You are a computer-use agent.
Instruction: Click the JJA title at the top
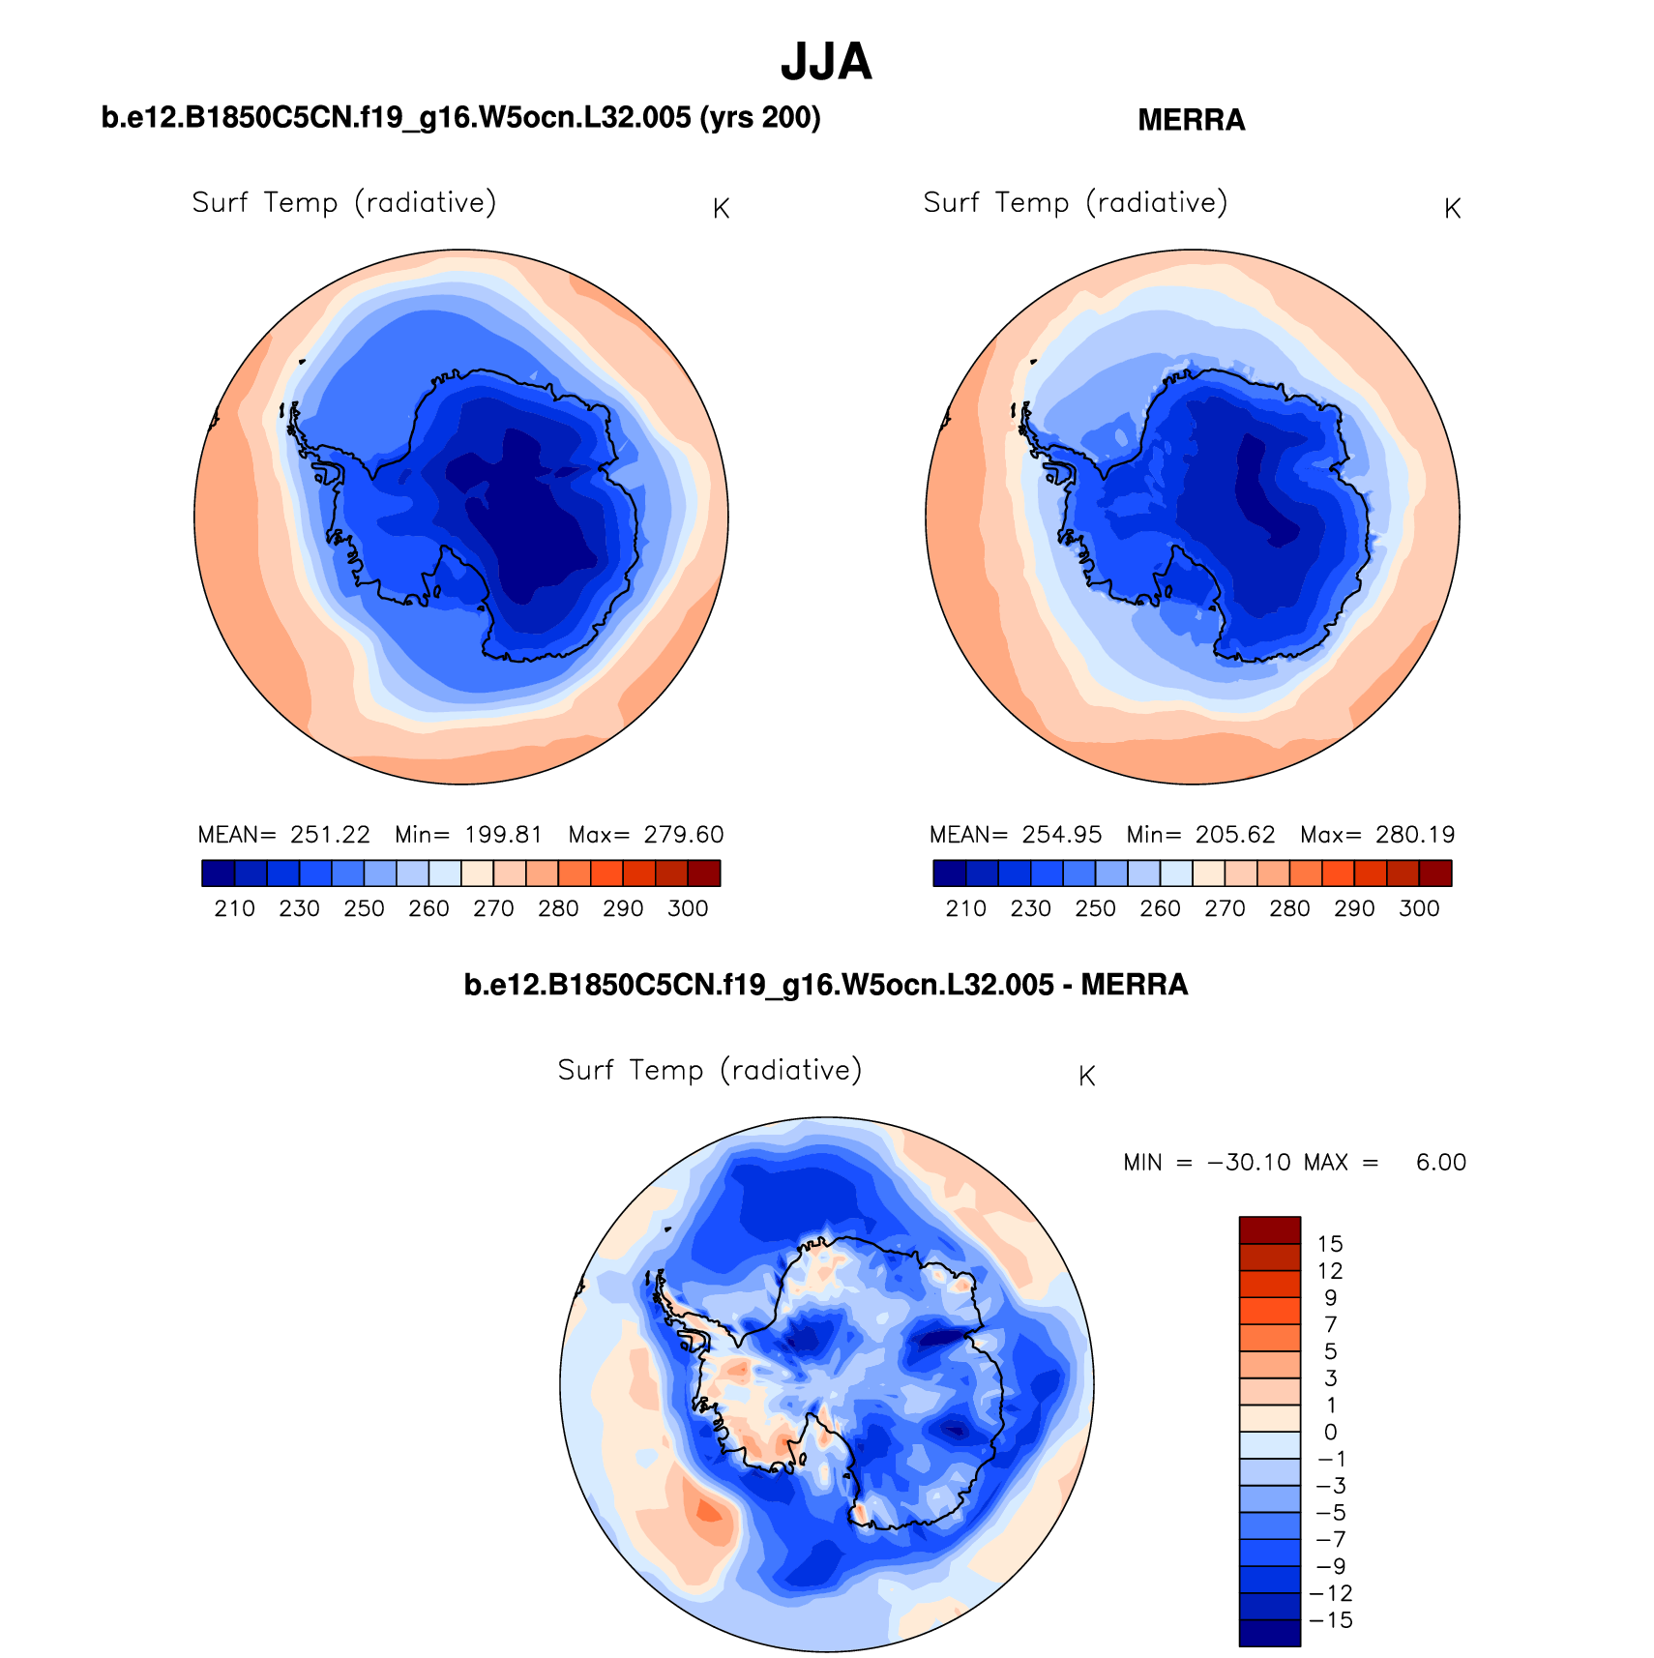(x=826, y=62)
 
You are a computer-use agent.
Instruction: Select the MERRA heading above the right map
(x=1191, y=120)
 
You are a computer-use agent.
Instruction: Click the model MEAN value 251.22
(x=330, y=835)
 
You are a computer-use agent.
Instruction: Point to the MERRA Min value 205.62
(x=1234, y=835)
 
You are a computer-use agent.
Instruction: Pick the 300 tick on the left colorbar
(x=688, y=908)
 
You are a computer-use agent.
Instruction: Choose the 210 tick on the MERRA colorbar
(x=965, y=908)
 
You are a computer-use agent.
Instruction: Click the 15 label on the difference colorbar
(x=1330, y=1244)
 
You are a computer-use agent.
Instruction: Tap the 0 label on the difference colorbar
(x=1330, y=1433)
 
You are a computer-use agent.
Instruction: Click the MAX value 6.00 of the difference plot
(x=1440, y=1162)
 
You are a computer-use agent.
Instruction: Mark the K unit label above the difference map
(x=1086, y=1077)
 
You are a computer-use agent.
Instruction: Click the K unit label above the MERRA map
(x=1452, y=209)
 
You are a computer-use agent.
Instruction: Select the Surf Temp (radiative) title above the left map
(x=343, y=202)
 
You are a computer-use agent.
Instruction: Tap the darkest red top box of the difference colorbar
(x=1269, y=1230)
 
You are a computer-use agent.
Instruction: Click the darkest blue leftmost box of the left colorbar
(x=218, y=873)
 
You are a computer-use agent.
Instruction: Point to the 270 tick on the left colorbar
(x=493, y=908)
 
